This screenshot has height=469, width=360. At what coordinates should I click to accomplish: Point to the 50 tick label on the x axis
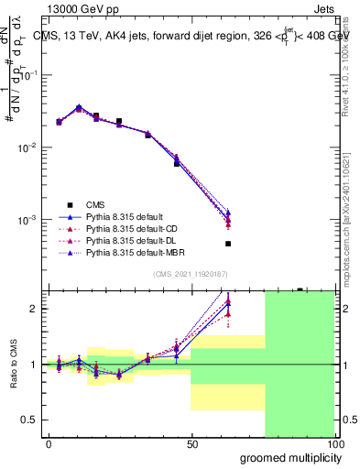point(192,444)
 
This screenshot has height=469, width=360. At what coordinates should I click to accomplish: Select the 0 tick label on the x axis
point(49,444)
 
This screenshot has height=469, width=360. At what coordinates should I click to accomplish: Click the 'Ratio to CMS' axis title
point(12,364)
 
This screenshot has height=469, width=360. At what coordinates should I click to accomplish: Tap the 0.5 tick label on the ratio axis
point(31,420)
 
